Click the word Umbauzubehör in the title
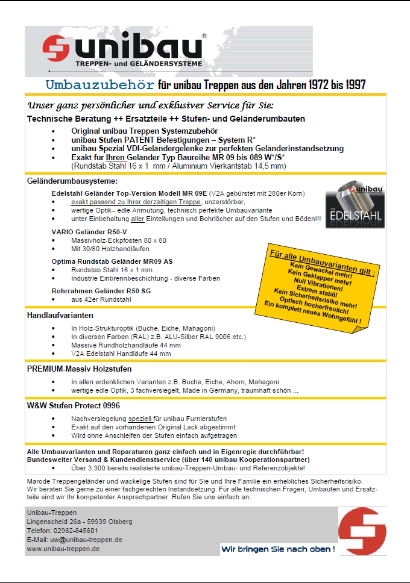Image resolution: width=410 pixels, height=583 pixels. [x=100, y=84]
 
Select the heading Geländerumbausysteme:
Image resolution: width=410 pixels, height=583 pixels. [x=72, y=181]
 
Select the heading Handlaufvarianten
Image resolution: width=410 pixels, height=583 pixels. [x=60, y=315]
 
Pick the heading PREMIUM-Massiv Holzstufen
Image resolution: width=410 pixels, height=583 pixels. [x=79, y=369]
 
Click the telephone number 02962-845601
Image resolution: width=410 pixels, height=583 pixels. [x=75, y=531]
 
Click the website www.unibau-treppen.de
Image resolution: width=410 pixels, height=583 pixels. [x=63, y=549]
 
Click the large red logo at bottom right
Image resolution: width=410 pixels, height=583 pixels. [x=362, y=531]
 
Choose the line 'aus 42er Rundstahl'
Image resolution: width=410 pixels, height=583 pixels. [x=101, y=299]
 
